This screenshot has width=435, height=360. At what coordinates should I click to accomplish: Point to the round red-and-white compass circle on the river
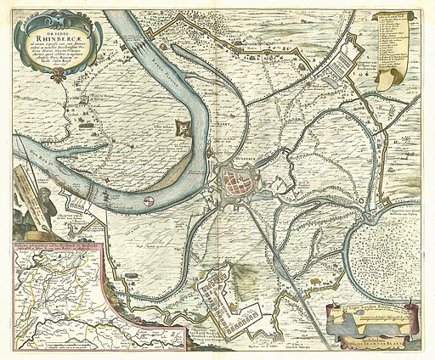click(x=150, y=201)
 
